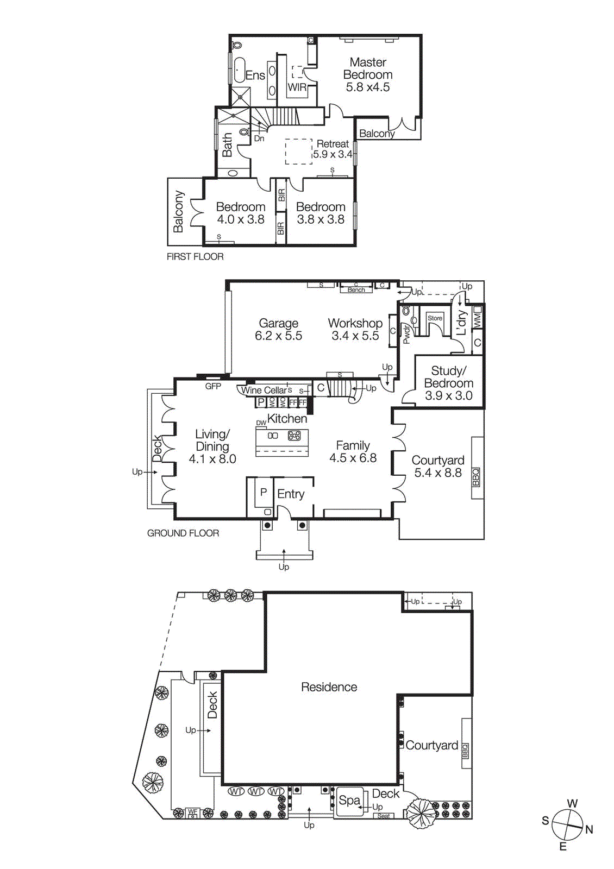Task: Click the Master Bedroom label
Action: [368, 69]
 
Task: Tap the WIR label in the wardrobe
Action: [297, 87]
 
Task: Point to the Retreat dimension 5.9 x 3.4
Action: [333, 154]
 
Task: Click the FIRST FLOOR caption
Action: [195, 256]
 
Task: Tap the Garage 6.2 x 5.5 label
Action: [278, 330]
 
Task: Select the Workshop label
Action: [355, 323]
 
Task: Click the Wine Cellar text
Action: [264, 390]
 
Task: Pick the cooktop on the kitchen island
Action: [294, 435]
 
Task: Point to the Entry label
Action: [291, 494]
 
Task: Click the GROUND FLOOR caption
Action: [183, 533]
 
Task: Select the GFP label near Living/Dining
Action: [213, 386]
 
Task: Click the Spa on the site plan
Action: [349, 801]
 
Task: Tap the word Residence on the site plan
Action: [329, 687]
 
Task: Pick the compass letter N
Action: [589, 829]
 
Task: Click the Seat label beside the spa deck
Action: [384, 816]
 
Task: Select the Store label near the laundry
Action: [435, 318]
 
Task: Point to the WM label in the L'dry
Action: [477, 319]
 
